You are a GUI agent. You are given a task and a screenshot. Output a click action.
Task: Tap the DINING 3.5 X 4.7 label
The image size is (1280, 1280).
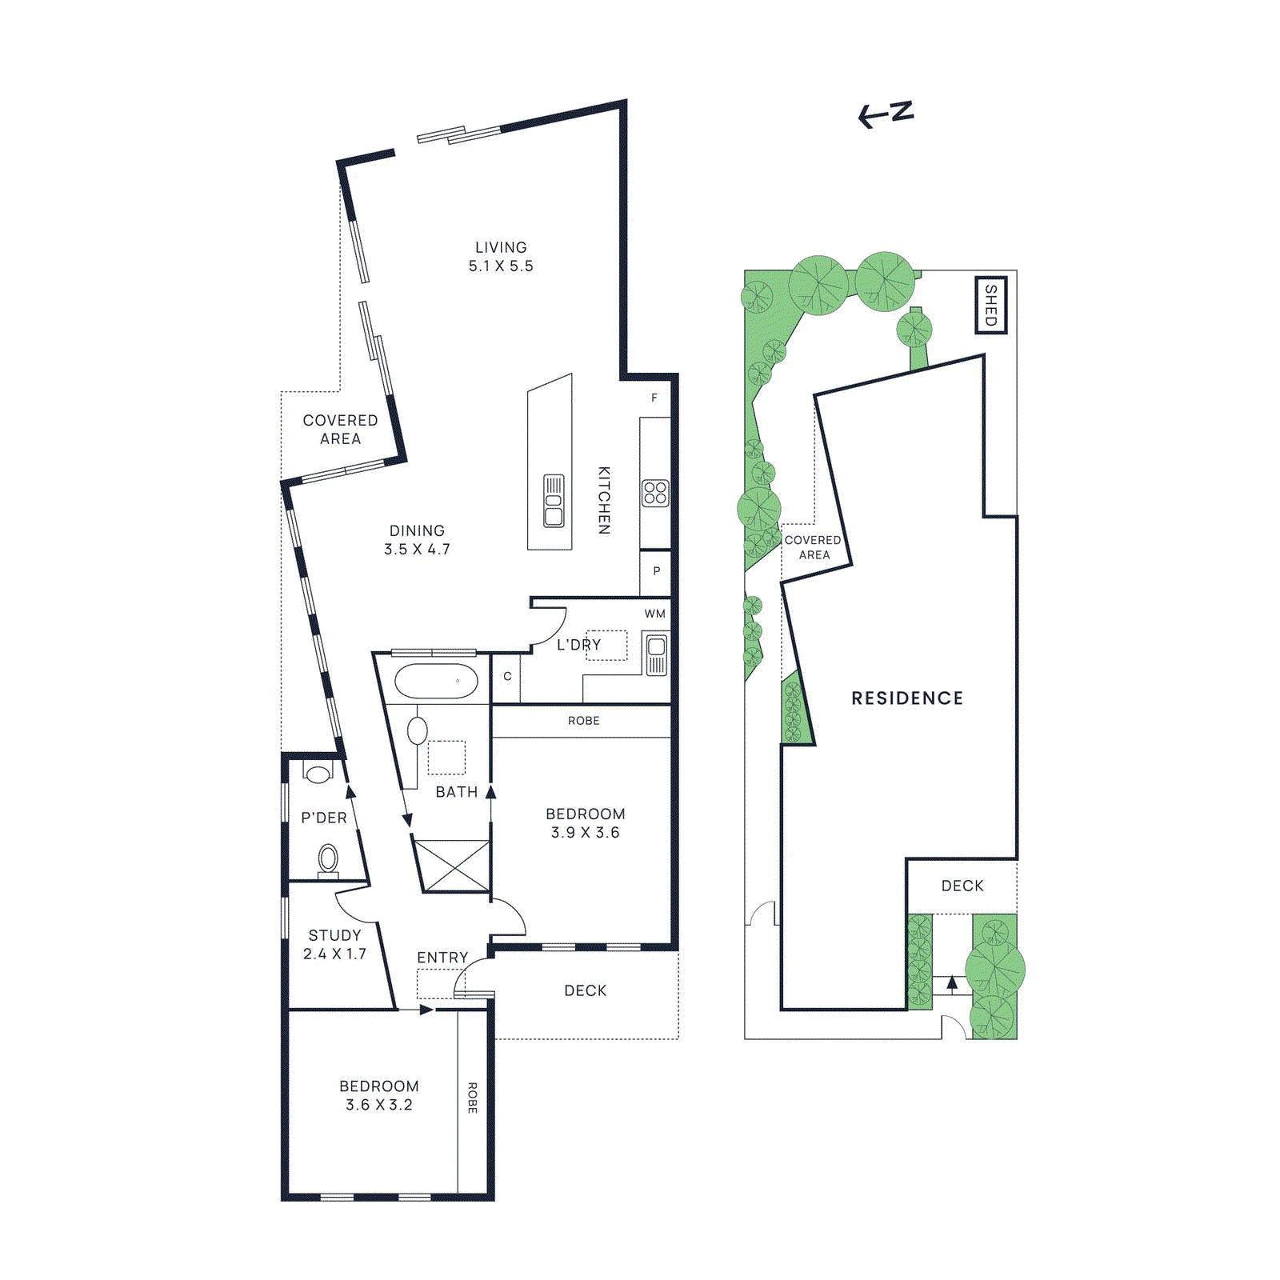pos(417,540)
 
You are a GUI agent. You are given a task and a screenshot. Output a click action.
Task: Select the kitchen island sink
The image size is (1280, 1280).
pos(554,501)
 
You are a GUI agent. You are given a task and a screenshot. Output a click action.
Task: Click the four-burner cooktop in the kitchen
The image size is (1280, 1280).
pos(655,493)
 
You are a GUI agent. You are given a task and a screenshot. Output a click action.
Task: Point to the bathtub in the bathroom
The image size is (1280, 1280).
pos(436,682)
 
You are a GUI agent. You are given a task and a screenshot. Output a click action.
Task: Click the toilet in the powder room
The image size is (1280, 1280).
pos(328,859)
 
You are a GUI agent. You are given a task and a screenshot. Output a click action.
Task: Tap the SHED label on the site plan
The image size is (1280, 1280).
pos(990,305)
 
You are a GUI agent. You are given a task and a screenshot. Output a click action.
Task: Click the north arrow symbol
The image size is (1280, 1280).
pos(886,114)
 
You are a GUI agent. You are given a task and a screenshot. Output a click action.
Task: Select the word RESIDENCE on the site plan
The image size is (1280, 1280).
pos(907,698)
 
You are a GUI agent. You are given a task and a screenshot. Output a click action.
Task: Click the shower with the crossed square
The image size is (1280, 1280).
pos(454,865)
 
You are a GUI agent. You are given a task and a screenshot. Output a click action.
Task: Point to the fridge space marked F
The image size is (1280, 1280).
pos(654,398)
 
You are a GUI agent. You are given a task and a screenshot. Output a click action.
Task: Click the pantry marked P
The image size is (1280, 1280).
pos(656,571)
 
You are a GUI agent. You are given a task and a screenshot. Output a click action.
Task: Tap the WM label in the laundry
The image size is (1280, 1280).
pos(654,614)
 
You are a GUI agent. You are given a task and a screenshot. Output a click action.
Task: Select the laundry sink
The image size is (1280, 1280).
pos(656,655)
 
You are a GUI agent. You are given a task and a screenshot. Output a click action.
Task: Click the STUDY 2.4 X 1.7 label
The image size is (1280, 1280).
pos(334,944)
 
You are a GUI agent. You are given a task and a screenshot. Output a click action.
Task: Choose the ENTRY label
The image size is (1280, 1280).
pos(442,957)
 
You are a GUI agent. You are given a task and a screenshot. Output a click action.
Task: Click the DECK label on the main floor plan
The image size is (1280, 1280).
pos(586,990)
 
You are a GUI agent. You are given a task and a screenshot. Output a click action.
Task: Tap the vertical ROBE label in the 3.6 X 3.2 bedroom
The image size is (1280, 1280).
pos(472,1098)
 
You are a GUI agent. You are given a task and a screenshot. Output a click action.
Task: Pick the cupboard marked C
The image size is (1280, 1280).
pos(507,676)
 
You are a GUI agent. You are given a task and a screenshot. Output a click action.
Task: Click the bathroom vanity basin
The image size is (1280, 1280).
pos(418,730)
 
